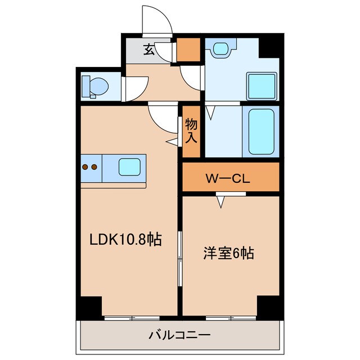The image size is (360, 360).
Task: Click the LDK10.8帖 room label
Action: (x=126, y=241)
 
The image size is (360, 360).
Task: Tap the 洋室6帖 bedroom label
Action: (x=228, y=254)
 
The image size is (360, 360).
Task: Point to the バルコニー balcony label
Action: (x=179, y=336)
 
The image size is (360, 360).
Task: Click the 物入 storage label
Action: (x=191, y=130)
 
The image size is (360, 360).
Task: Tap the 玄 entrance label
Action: (x=148, y=50)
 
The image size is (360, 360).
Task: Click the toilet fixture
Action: (x=93, y=87)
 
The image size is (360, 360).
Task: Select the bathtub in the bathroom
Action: (x=261, y=132)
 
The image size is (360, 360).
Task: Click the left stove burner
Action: (x=85, y=166)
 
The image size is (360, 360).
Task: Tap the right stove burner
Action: (x=94, y=166)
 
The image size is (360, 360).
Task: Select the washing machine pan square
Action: (x=262, y=85)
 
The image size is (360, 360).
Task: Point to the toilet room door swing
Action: (x=135, y=89)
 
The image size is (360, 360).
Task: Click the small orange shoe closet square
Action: (x=188, y=49)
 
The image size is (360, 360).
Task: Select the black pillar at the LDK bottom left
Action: (x=89, y=306)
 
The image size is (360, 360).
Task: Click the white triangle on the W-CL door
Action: (x=223, y=200)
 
